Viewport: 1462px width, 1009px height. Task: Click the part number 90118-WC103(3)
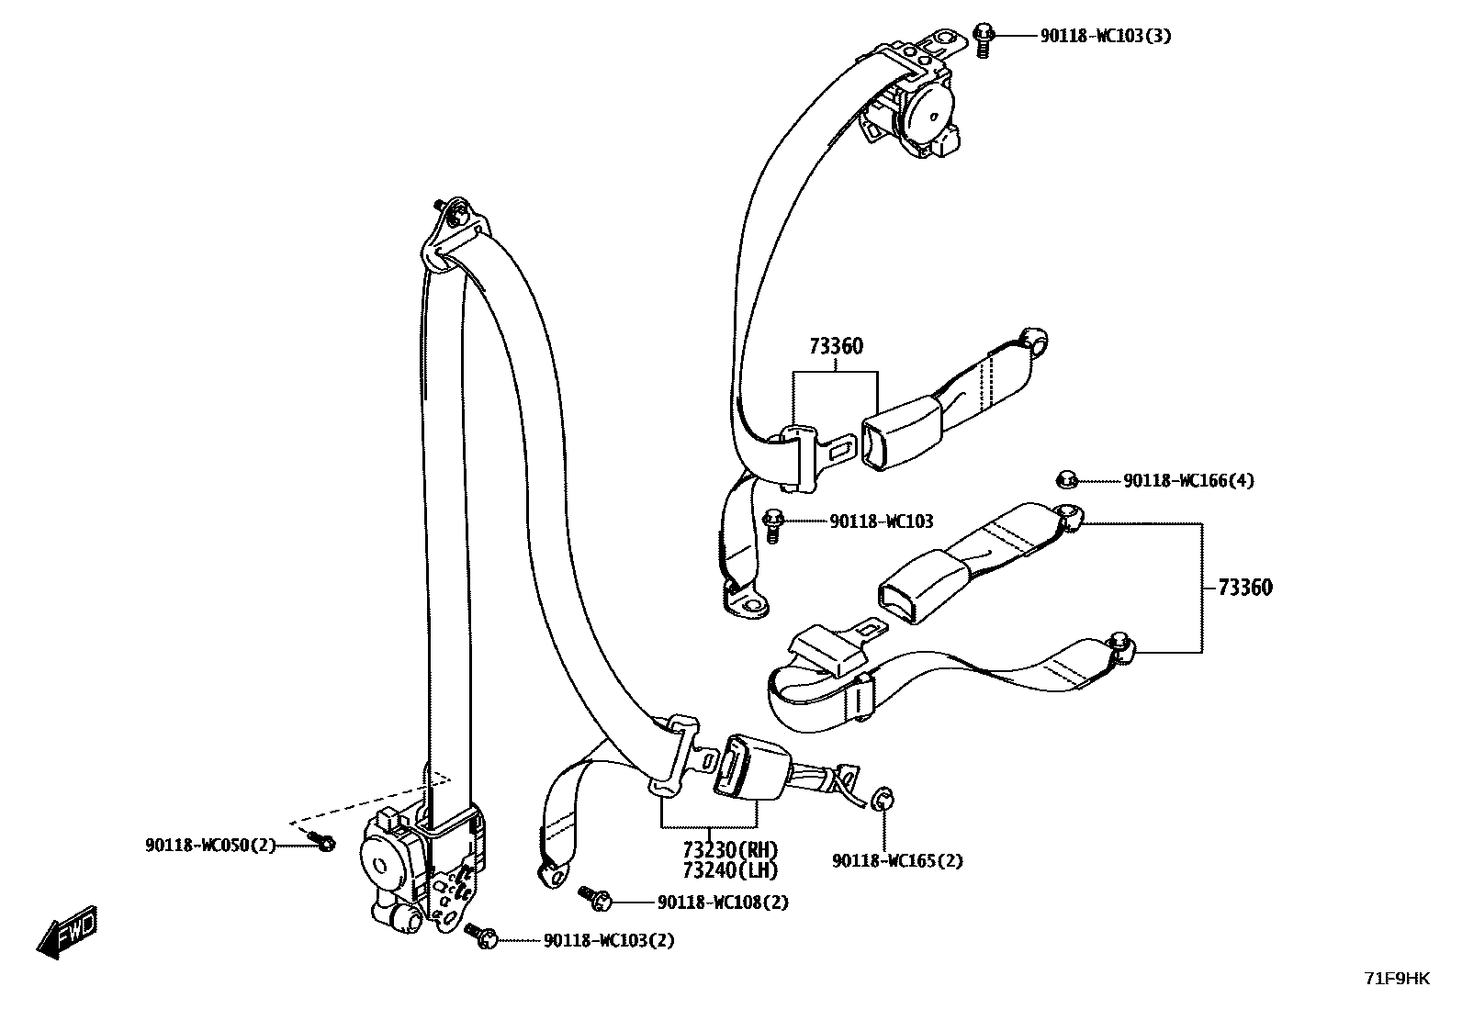click(1105, 37)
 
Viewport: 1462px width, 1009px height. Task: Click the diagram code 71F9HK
click(1397, 980)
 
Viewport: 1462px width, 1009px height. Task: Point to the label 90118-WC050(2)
click(210, 845)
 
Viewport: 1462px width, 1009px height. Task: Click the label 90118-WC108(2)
click(723, 902)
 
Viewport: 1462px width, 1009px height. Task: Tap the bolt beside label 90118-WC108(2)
click(595, 898)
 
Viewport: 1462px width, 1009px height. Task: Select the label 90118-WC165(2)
click(897, 861)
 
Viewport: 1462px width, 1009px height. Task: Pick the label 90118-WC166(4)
click(1188, 480)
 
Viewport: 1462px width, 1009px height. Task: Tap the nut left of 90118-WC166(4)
click(1067, 478)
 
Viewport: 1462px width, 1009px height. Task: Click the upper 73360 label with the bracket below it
click(836, 346)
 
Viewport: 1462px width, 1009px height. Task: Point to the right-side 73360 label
click(1245, 588)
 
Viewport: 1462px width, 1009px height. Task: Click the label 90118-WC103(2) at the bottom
click(609, 940)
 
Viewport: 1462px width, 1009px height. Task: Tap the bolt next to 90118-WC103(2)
click(481, 935)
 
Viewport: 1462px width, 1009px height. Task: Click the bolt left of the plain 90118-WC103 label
click(773, 524)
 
